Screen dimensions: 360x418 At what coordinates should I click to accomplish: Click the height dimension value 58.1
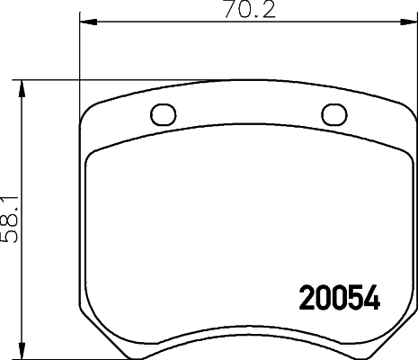pos(11,220)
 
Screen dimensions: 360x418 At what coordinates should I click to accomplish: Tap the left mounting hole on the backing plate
pos(162,114)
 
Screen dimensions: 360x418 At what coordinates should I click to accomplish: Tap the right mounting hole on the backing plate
pos(333,114)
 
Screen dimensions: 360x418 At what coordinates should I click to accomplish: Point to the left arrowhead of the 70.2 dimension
pos(86,23)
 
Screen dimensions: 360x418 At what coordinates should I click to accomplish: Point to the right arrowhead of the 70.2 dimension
pos(408,23)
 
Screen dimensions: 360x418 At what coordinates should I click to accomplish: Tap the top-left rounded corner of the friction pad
pos(93,158)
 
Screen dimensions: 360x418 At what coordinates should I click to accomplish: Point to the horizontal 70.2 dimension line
pos(162,23)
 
